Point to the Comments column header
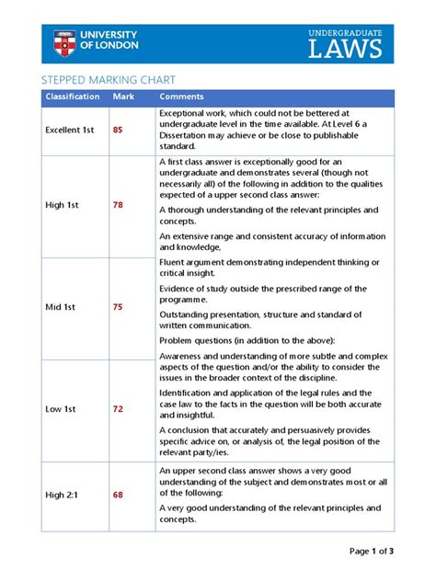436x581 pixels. click(182, 97)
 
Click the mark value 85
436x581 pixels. click(118, 130)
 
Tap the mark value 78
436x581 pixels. click(118, 205)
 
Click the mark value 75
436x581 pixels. click(118, 307)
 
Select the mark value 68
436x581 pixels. click(118, 496)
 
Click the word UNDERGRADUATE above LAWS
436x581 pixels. click(345, 32)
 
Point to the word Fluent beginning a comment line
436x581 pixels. click(174, 263)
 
